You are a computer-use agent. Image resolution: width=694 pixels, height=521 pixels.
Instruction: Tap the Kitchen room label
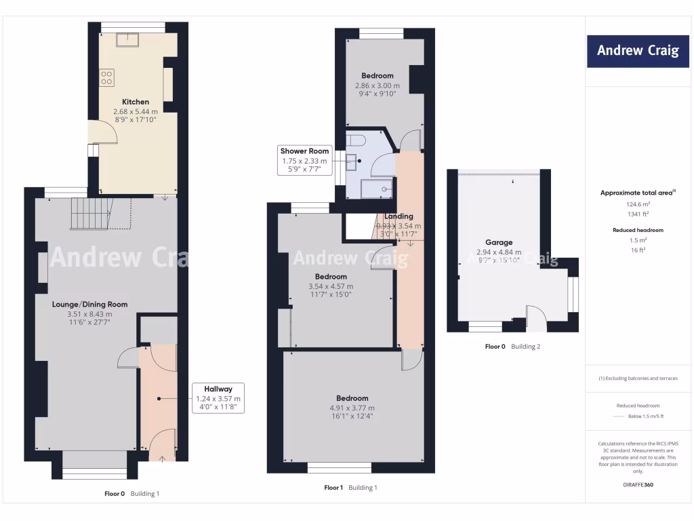pos(136,102)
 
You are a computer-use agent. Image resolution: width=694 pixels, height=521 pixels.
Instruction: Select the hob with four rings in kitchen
pos(107,77)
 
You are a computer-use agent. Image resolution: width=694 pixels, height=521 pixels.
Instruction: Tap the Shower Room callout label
pos(304,160)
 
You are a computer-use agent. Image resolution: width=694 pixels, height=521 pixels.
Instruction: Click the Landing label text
pos(399,216)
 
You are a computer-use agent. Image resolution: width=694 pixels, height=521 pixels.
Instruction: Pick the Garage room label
pos(498,242)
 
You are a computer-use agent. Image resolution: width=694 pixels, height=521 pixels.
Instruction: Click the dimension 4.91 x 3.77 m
pos(352,408)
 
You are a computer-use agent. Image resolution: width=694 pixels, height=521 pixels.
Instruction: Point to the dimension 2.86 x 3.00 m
pos(377,85)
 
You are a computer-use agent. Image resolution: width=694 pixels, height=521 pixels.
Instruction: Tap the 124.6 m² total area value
pos(637,204)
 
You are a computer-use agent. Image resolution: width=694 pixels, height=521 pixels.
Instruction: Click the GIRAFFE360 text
pos(637,485)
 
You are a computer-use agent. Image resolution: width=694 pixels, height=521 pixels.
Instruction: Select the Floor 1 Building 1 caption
pos(350,488)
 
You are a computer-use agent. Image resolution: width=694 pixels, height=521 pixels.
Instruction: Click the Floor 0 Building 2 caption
pos(512,347)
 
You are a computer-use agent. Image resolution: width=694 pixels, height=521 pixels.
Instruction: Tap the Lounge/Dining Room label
pos(89,305)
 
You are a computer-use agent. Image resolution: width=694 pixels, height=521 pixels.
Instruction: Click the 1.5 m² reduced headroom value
pos(637,240)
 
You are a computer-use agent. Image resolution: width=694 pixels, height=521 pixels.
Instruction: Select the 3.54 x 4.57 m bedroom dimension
pos(331,286)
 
